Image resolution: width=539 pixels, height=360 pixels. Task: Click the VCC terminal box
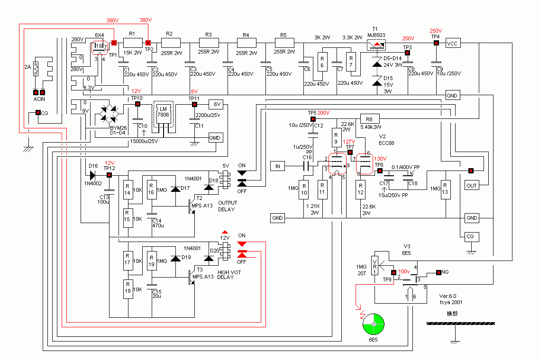tap(452, 43)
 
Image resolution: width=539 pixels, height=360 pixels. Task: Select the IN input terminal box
tap(278, 166)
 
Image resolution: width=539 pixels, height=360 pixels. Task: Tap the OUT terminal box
tap(472, 185)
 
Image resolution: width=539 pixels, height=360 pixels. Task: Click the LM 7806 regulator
tap(163, 114)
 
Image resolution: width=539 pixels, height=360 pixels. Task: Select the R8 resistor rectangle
tap(370, 118)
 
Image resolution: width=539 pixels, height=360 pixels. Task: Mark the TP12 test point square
tap(109, 175)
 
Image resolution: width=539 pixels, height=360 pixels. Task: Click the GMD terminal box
tap(216, 137)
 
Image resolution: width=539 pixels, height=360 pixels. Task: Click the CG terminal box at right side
tap(470, 236)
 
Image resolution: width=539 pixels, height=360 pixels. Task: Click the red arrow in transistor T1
tap(377, 45)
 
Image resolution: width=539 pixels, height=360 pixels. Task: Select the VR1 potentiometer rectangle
tap(375, 269)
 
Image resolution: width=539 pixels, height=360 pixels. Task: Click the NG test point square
tap(439, 272)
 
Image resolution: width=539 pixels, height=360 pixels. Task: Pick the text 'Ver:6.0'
tap(448, 296)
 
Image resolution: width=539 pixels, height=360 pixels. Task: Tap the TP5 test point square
tap(312, 119)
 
